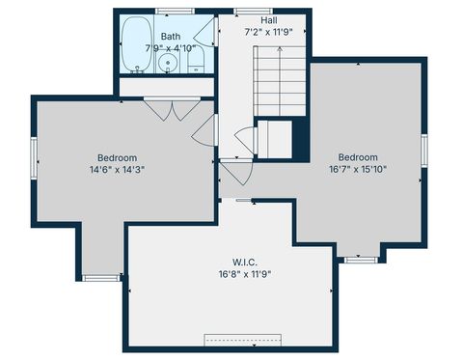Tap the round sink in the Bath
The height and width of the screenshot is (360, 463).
(169, 65)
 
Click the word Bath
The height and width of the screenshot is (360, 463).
(171, 36)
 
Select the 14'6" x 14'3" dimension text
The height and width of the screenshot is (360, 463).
(117, 170)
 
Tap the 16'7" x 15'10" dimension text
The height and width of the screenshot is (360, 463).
(357, 170)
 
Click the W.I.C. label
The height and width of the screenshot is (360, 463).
(243, 261)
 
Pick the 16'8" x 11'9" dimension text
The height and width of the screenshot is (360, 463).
(243, 273)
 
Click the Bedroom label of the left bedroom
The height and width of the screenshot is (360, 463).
(117, 157)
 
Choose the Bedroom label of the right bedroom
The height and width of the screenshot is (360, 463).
(357, 157)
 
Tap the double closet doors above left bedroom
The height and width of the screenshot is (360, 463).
(171, 109)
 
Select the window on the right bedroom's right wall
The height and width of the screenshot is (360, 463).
(423, 150)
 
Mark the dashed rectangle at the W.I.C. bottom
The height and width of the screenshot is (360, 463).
(242, 340)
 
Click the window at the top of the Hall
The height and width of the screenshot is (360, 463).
(247, 11)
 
